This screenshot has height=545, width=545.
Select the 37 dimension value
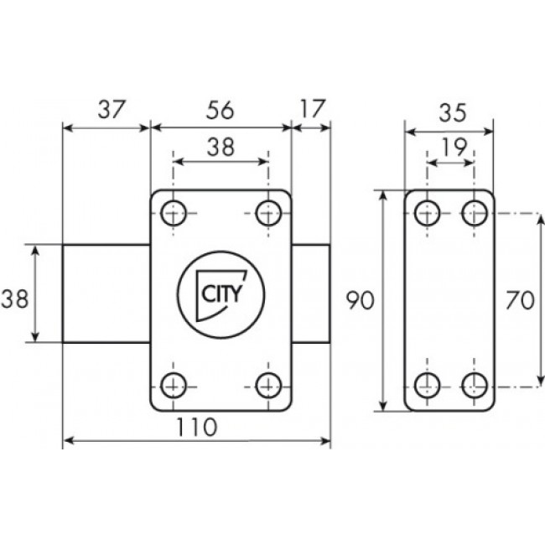(x=107, y=109)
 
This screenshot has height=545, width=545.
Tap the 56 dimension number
(x=221, y=109)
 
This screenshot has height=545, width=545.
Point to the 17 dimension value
(x=311, y=109)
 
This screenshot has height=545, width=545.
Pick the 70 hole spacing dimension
(x=521, y=300)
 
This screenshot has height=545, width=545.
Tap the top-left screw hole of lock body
(x=174, y=213)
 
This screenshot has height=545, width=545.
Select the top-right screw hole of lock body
(x=268, y=213)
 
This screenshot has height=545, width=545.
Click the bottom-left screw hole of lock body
(x=174, y=386)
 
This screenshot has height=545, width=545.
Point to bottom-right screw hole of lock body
(x=268, y=386)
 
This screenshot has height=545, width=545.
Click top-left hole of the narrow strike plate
(x=428, y=213)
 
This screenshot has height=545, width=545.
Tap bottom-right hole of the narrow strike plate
(x=474, y=386)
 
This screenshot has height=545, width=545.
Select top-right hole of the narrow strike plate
(x=474, y=213)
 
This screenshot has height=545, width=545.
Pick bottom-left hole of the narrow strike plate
(x=428, y=386)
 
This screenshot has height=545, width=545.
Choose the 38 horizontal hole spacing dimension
(x=221, y=146)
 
